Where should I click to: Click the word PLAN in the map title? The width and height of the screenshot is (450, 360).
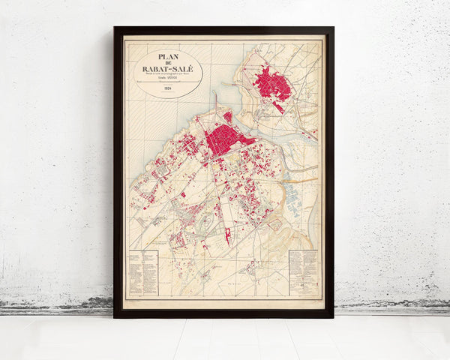(168, 56)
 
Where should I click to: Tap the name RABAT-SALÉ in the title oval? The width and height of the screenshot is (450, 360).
(168, 69)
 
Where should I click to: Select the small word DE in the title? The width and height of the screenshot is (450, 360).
(168, 62)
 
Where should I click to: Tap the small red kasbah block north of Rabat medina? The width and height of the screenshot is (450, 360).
(228, 116)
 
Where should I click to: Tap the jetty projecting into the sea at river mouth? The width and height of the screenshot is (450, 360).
(215, 101)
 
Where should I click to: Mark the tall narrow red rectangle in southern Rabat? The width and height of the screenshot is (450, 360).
(228, 236)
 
